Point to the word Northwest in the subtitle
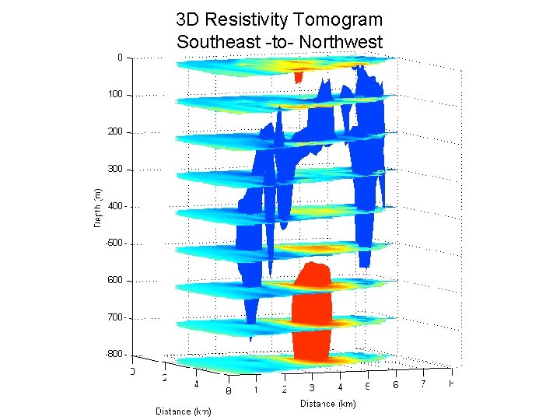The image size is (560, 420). pos(343,41)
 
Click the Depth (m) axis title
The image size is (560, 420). pos(97,208)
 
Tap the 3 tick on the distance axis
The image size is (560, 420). pos(311,387)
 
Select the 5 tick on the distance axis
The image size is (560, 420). pos(367,386)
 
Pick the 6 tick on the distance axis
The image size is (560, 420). pos(395,385)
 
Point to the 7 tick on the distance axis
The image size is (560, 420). pos(422,383)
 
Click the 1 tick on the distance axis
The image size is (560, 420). pos(255,390)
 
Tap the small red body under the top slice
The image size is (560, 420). pos(298,77)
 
